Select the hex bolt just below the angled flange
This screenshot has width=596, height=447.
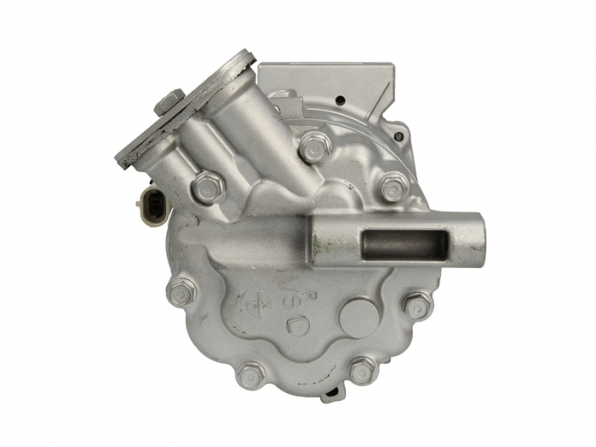pos(208,186)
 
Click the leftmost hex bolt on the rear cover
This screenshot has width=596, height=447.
pos(181,293)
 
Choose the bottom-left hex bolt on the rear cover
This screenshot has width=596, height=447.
pos(251,375)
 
